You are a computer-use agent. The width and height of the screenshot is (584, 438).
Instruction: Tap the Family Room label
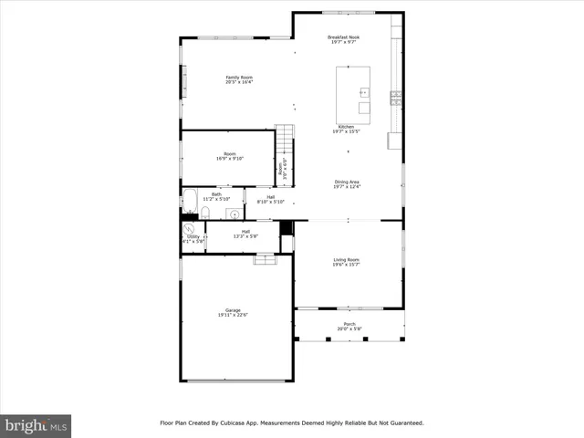(x=239, y=78)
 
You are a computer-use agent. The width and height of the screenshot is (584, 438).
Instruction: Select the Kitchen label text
(x=346, y=127)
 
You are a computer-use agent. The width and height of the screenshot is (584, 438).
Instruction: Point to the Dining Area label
(x=347, y=182)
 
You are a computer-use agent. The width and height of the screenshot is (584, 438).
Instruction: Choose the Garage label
(x=233, y=310)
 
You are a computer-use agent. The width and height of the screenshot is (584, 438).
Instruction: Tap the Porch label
(x=349, y=324)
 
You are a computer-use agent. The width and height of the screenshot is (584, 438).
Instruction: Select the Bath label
(x=216, y=194)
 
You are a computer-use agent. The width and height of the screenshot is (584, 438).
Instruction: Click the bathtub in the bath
(x=190, y=200)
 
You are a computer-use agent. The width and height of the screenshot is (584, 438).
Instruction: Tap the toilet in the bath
(x=206, y=214)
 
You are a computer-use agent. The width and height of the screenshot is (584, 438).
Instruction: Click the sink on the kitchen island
(x=364, y=91)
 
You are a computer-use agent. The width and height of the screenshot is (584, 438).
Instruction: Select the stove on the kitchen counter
(x=395, y=96)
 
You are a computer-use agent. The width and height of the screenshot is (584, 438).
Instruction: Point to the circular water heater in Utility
(x=190, y=230)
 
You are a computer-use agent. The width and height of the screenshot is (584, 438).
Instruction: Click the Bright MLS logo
(x=36, y=425)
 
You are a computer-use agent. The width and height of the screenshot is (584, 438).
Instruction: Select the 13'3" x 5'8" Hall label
(x=245, y=234)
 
